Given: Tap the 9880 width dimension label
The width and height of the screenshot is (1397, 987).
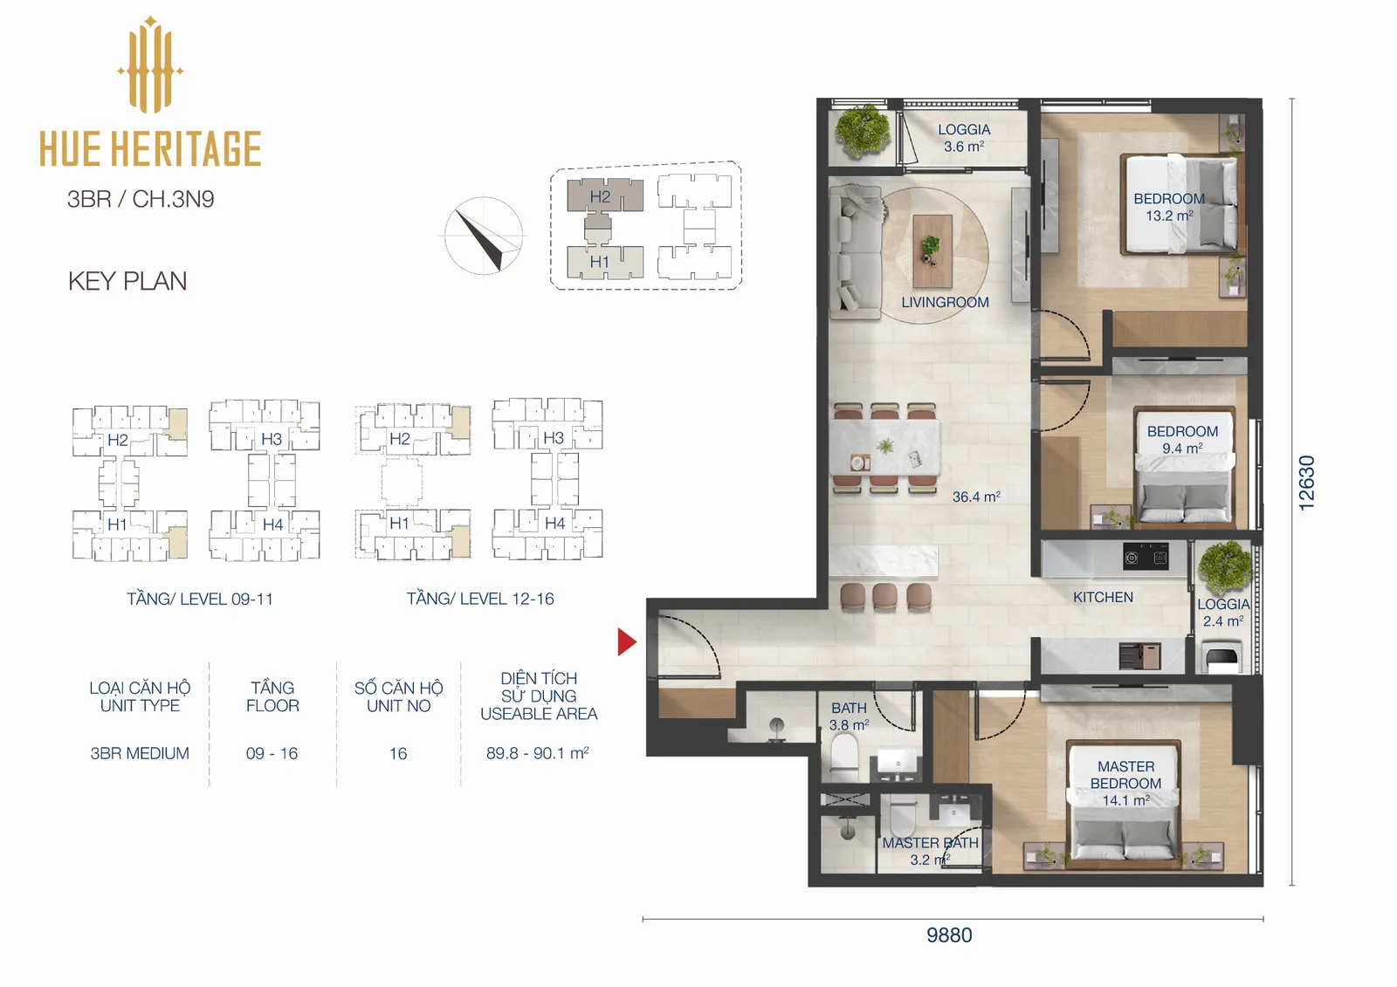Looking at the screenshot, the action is [949, 936].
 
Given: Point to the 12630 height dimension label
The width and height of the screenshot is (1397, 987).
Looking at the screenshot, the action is [1306, 483].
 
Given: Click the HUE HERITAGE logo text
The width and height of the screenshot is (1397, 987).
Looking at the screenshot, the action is [150, 149].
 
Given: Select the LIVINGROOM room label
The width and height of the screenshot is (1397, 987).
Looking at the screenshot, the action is [945, 303].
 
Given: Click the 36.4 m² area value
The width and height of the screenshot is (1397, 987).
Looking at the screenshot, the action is [976, 497].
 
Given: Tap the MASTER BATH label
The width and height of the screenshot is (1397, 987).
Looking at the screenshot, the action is [930, 843].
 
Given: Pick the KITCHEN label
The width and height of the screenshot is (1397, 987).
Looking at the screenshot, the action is [1103, 597].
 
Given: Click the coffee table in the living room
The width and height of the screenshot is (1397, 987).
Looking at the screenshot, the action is [932, 250].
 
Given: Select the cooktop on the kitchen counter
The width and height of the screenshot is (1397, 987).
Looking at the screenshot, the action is [1146, 558].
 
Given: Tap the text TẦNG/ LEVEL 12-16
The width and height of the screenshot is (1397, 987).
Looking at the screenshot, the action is [480, 599].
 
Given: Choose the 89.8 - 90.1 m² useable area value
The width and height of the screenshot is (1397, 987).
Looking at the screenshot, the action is [538, 753].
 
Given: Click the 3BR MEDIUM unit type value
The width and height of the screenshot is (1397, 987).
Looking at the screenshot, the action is [140, 753].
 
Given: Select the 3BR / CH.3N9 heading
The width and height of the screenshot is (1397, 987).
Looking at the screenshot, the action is [141, 199].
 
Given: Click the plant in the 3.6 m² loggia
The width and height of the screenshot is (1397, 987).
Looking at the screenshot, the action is [864, 131].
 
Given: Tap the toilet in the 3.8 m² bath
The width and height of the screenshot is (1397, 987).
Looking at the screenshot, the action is [844, 757].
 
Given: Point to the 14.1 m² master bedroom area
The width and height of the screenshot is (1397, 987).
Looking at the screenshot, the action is [1125, 800].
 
